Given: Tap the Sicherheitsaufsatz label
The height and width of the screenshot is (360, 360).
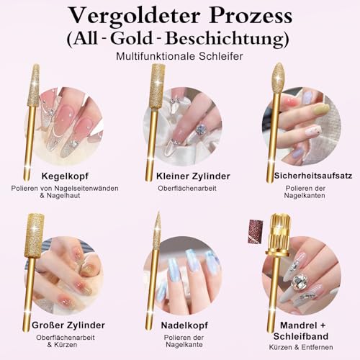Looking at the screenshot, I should click(305, 175).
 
